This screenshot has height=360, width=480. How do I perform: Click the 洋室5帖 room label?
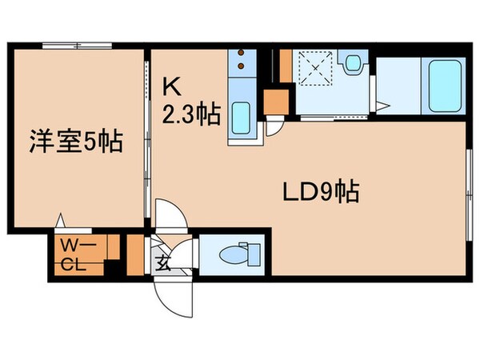point(77,142)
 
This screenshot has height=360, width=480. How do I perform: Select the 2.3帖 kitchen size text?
point(192,114)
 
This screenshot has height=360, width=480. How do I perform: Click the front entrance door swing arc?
point(172,296)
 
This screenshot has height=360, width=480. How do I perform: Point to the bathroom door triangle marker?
point(383,105)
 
